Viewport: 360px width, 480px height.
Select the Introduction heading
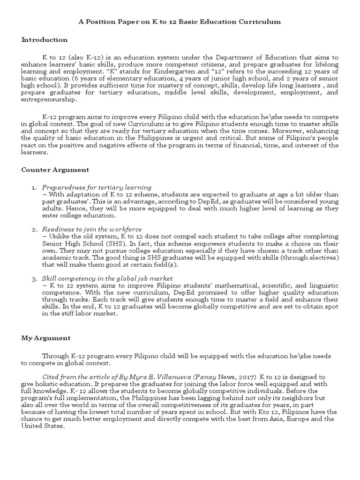click(45, 40)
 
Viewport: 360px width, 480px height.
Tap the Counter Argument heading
click(55, 169)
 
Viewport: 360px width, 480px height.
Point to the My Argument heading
click(46, 337)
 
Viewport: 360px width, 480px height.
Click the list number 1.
click(34, 187)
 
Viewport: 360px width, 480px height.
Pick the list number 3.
click(34, 278)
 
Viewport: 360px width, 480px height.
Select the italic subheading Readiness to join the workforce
click(92, 229)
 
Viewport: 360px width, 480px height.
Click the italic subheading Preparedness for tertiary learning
click(97, 187)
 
